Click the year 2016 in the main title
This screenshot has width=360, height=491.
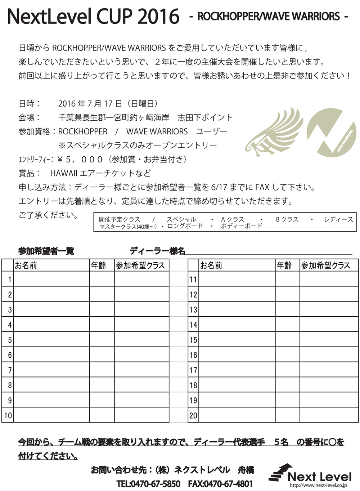point(158,17)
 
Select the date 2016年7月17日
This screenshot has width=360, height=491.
point(90,104)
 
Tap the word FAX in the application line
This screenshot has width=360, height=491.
point(262,187)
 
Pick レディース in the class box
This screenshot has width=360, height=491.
point(338,219)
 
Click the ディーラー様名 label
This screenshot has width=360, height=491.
point(157,251)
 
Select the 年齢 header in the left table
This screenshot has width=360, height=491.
point(99,265)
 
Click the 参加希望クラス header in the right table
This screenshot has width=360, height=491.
point(325,265)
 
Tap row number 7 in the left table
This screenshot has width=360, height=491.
point(10,370)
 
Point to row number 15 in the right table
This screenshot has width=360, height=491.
point(193,340)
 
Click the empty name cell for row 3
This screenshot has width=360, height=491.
point(51,309)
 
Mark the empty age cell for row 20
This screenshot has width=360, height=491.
point(287,415)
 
